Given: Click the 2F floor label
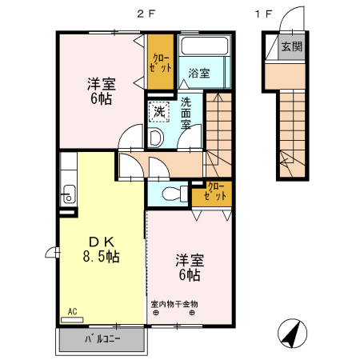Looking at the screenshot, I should click(x=143, y=14).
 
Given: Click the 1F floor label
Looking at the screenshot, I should click(x=264, y=14).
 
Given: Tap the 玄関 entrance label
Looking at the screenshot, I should click(x=291, y=46).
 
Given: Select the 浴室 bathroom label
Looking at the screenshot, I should click(x=198, y=74).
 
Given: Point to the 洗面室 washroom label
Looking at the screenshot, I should click(x=186, y=113).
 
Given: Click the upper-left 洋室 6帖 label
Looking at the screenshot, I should click(x=100, y=90).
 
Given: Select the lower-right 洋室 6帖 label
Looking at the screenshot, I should click(x=189, y=267).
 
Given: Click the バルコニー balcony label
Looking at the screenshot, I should click(x=102, y=339).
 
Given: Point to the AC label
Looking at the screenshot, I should click(x=71, y=310).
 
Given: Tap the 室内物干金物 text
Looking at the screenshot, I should click(x=174, y=304).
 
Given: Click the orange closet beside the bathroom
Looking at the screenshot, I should click(x=161, y=62).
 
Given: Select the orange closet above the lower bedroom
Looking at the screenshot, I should click(x=217, y=192).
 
